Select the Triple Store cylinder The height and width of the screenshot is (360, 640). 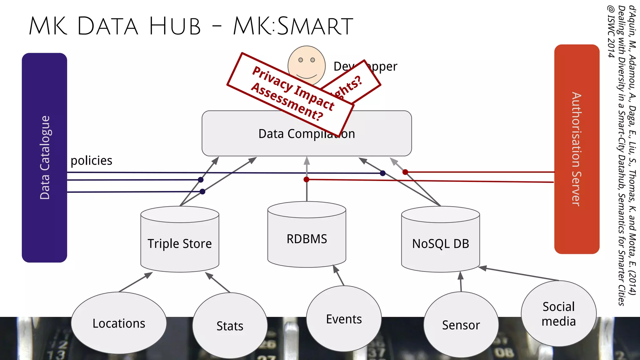pyautogui.click(x=180, y=244)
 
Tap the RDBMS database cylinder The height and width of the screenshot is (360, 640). pyautogui.click(x=307, y=239)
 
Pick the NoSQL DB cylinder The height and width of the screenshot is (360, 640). pyautogui.click(x=440, y=244)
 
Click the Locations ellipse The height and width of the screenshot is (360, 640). pyautogui.click(x=119, y=323)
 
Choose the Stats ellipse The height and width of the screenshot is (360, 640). pyautogui.click(x=230, y=326)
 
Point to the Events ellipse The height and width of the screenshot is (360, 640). pyautogui.click(x=344, y=319)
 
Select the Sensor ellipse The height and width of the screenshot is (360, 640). pyautogui.click(x=461, y=325)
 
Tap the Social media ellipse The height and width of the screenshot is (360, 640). pyautogui.click(x=558, y=314)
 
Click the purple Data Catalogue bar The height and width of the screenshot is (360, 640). pyautogui.click(x=44, y=157)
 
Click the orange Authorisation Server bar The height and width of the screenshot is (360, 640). pyautogui.click(x=577, y=149)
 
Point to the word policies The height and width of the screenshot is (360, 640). pyautogui.click(x=91, y=161)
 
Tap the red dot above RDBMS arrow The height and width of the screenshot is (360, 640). pyautogui.click(x=307, y=179)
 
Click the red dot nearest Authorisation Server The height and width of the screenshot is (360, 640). pyautogui.click(x=405, y=172)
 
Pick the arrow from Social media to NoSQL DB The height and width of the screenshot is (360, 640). pyautogui.click(x=519, y=274)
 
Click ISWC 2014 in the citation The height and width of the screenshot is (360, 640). pyautogui.click(x=611, y=31)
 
